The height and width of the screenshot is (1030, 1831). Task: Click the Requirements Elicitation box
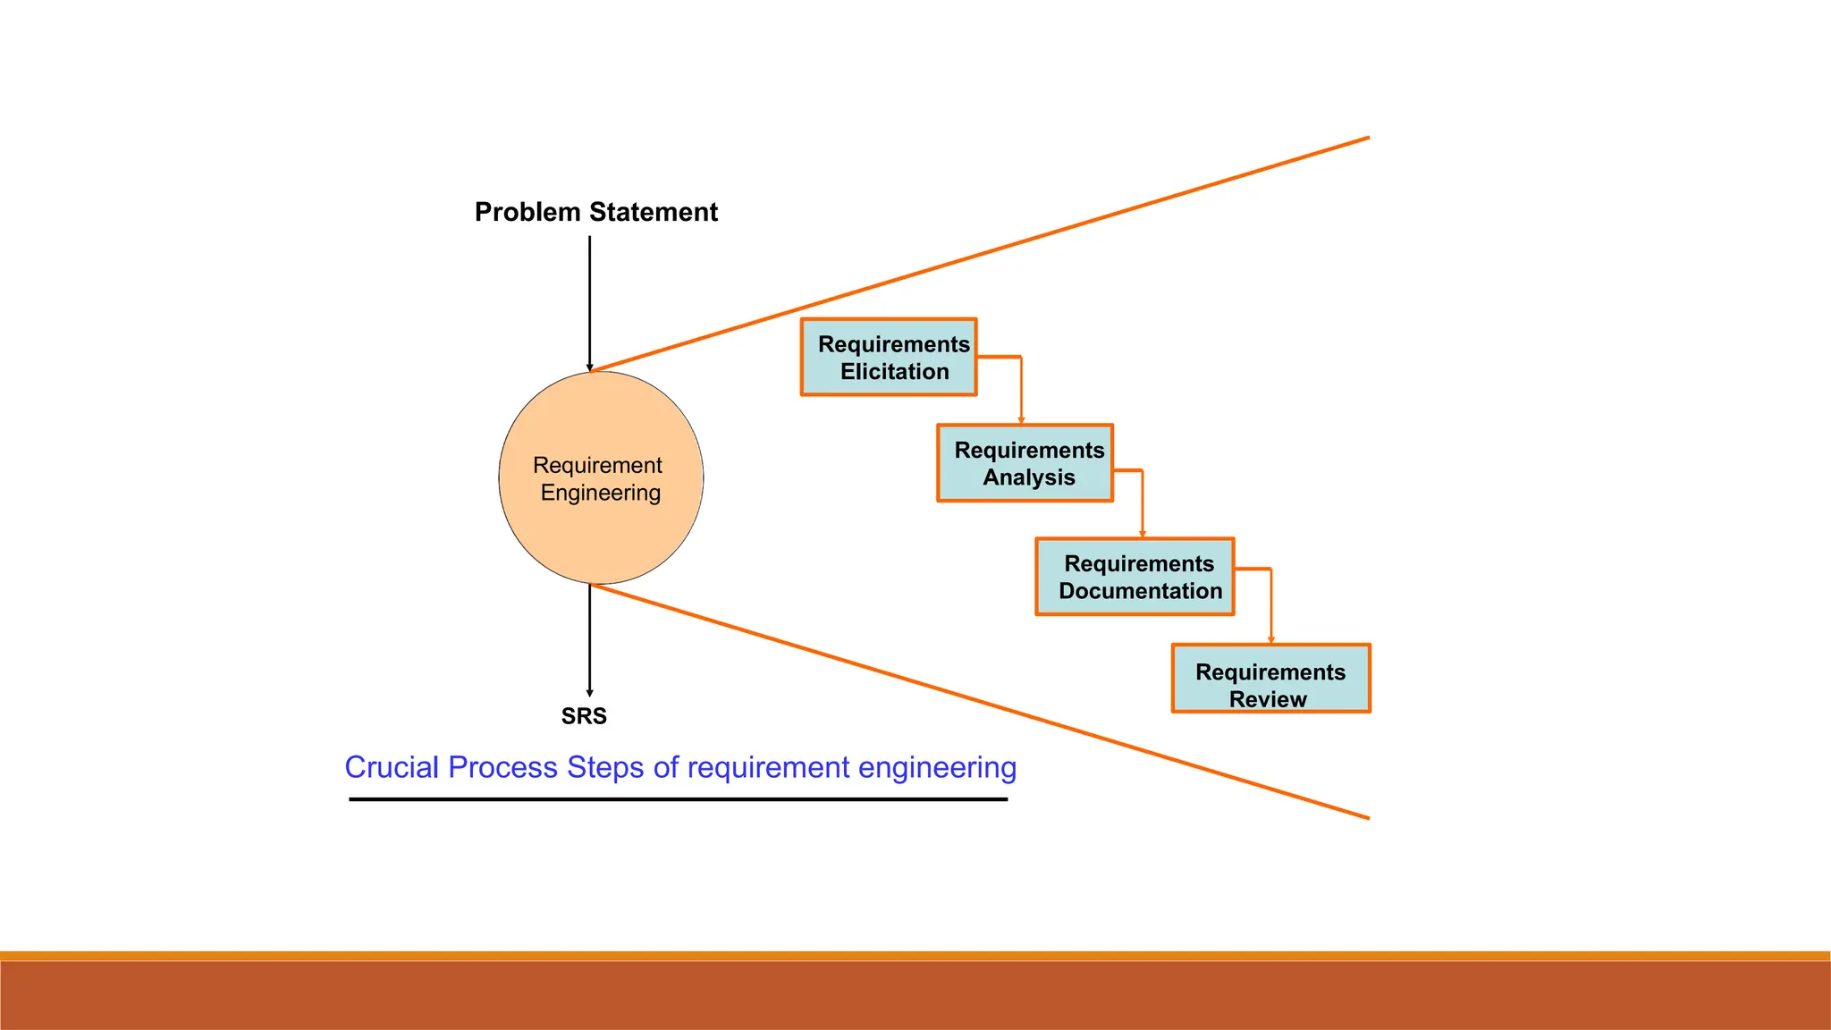coord(889,358)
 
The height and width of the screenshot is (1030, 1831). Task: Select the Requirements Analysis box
coord(1025,463)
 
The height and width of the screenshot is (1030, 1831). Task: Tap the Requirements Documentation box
coord(1135,577)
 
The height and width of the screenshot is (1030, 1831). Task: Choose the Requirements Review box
coord(1270,679)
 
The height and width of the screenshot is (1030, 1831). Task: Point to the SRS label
coord(584,716)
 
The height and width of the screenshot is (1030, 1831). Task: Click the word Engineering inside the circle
coord(601,494)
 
